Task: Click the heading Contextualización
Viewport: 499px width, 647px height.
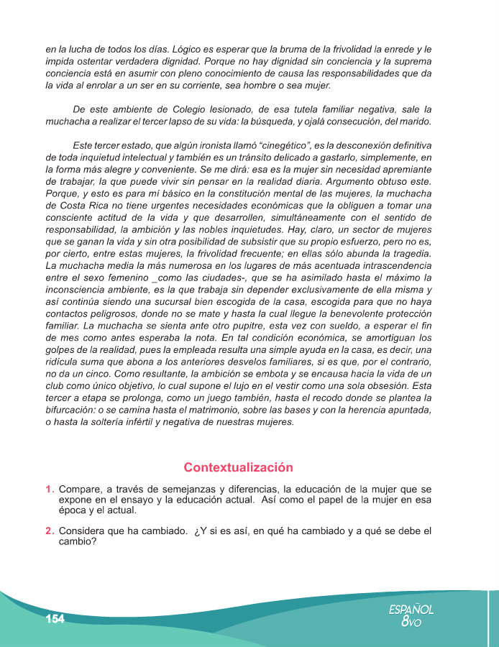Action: pyautogui.click(x=238, y=467)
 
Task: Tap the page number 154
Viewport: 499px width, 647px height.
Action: pyautogui.click(x=55, y=619)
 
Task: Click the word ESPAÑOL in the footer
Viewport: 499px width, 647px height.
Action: pyautogui.click(x=411, y=609)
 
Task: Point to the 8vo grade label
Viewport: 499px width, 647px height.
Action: pyautogui.click(x=411, y=622)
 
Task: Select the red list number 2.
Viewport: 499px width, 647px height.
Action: pyautogui.click(x=49, y=531)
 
